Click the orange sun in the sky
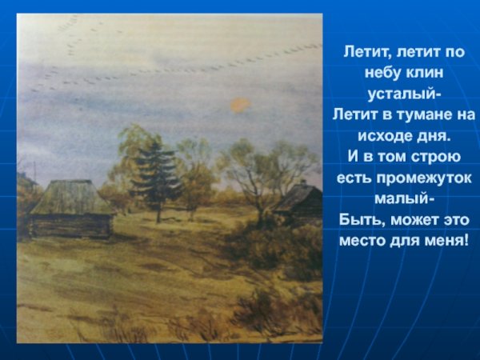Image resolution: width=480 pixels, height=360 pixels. [240, 104]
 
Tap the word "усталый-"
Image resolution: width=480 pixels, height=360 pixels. [404, 94]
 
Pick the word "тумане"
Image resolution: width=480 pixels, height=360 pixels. [422, 114]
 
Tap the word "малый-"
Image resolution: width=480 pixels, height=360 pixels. [404, 197]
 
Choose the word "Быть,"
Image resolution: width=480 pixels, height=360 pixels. [360, 218]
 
